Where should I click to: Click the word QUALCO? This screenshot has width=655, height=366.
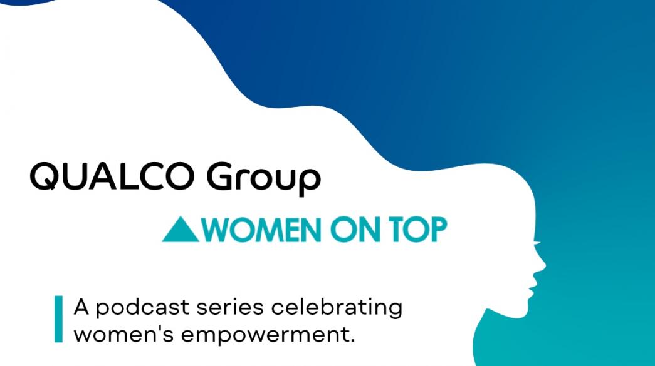tap(112, 176)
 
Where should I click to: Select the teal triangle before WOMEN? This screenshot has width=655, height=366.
tap(181, 229)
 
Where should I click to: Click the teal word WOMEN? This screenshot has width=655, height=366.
tap(262, 230)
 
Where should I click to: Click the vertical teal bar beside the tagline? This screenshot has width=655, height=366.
tap(58, 319)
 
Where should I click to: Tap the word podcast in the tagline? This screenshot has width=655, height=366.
tap(142, 308)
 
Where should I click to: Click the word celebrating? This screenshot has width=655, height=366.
tap(337, 308)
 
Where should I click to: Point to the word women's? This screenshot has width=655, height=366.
tap(123, 334)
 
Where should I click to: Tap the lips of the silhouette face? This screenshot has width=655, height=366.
tap(533, 283)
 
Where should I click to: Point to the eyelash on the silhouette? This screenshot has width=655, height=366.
tap(537, 243)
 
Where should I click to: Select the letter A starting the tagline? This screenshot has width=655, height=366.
tap(82, 307)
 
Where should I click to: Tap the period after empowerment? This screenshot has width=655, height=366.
tap(352, 340)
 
